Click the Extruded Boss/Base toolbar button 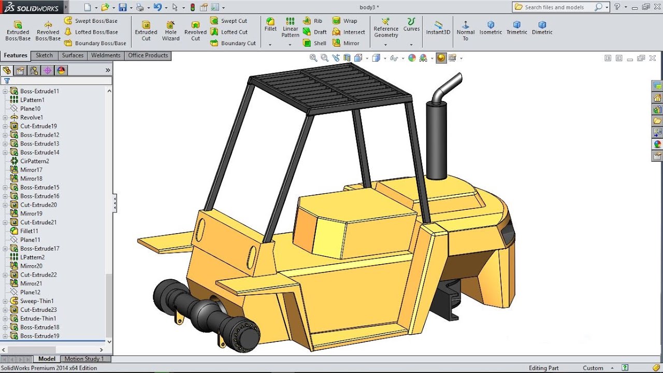pyautogui.click(x=18, y=31)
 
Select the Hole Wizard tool pyautogui.click(x=170, y=31)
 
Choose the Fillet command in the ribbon pyautogui.click(x=270, y=25)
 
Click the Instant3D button pyautogui.click(x=438, y=28)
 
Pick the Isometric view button pyautogui.click(x=491, y=28)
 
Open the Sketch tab pyautogui.click(x=44, y=55)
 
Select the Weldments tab pyautogui.click(x=106, y=55)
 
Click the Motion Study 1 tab pyautogui.click(x=84, y=358)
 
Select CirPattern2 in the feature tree pyautogui.click(x=34, y=161)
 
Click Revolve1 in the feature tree pyautogui.click(x=31, y=118)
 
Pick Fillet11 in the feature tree pyautogui.click(x=30, y=231)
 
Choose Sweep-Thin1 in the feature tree pyautogui.click(x=37, y=301)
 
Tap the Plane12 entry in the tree pyautogui.click(x=30, y=292)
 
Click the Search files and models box pyautogui.click(x=557, y=7)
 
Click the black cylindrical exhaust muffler pyautogui.click(x=436, y=140)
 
